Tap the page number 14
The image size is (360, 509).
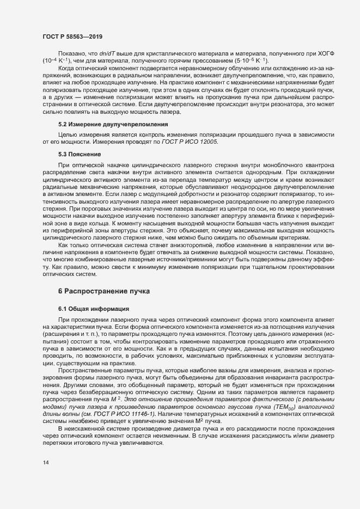[x=46, y=463]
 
